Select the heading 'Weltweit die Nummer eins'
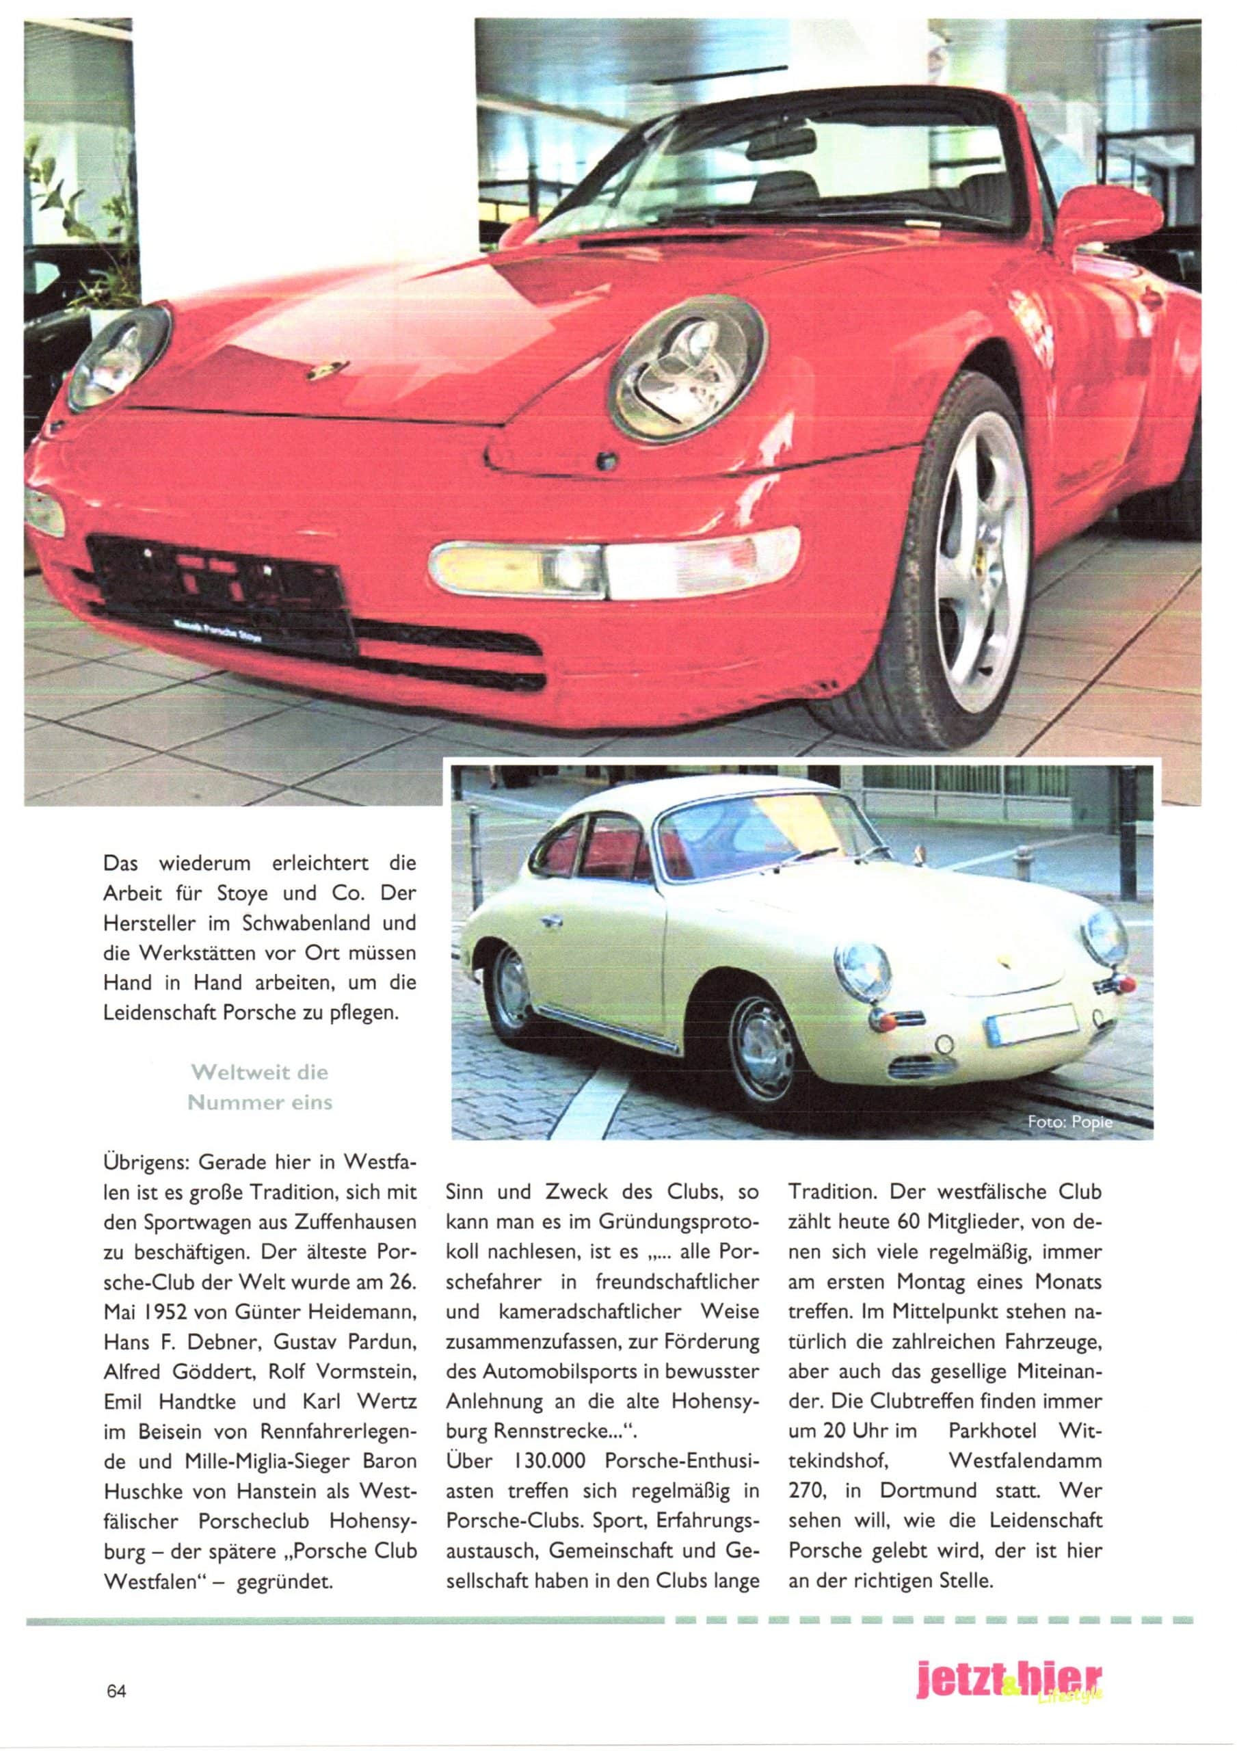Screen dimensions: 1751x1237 (x=260, y=1088)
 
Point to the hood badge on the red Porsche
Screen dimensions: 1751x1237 (x=325, y=371)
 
